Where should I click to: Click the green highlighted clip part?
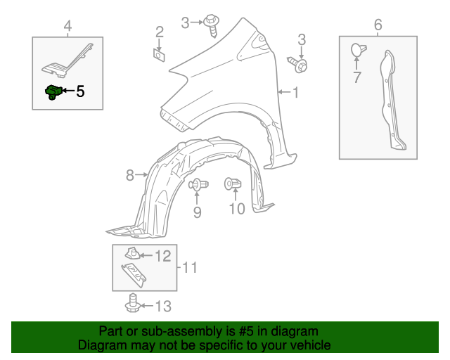(x=53, y=92)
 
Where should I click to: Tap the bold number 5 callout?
(x=80, y=91)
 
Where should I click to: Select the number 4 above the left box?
(x=67, y=26)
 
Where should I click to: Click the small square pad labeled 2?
(x=159, y=55)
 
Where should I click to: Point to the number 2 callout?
(x=160, y=32)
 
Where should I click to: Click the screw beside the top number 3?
(x=212, y=25)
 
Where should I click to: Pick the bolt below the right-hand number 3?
(x=297, y=65)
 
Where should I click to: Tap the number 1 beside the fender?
(x=295, y=92)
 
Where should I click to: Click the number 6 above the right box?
(x=378, y=25)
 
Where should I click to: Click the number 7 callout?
(x=356, y=77)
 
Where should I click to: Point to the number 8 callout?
(x=129, y=175)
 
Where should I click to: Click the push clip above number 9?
(x=198, y=184)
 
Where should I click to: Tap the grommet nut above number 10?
(x=233, y=184)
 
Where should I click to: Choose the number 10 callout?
(x=237, y=209)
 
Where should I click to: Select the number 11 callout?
(x=190, y=268)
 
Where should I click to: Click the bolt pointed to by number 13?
(x=133, y=303)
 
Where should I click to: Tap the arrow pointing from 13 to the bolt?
(x=147, y=306)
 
